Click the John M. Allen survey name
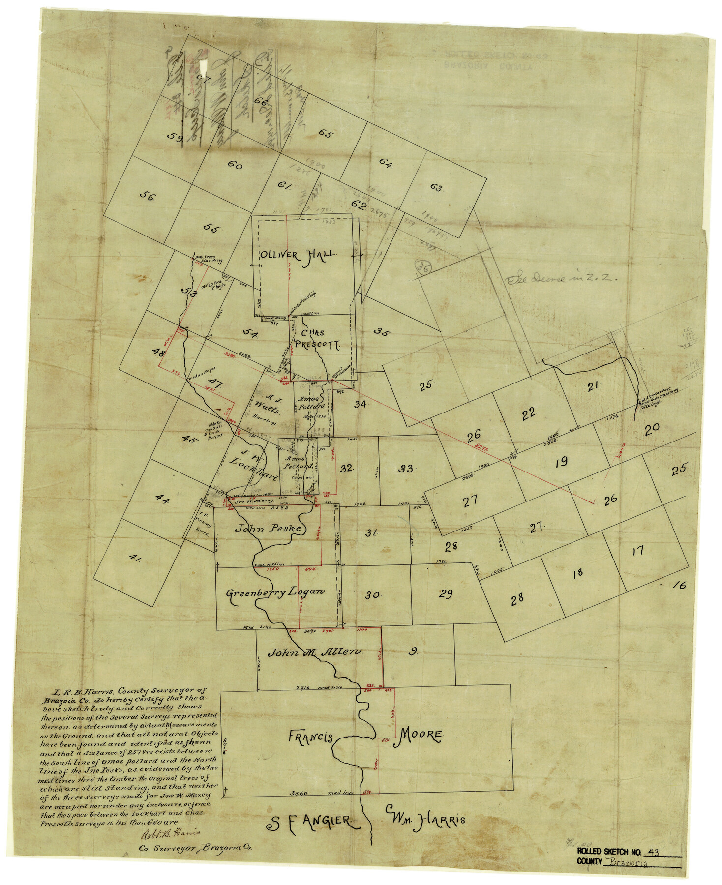click(315, 652)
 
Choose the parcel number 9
click(414, 652)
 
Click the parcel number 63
click(437, 188)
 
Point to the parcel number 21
click(592, 387)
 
